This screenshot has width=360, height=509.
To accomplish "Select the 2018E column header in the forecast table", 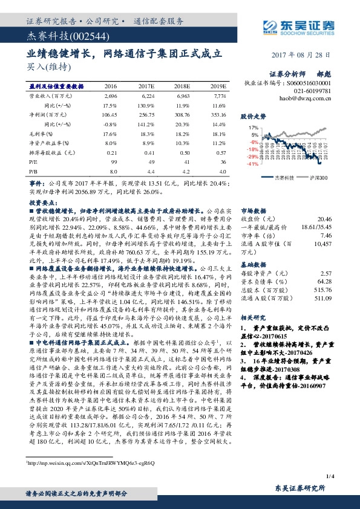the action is click(x=182, y=87).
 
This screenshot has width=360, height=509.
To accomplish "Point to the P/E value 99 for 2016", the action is click(x=113, y=162).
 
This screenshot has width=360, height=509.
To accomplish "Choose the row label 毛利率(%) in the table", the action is click(x=40, y=134).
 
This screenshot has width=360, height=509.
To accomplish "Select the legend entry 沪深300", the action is click(x=318, y=177).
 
